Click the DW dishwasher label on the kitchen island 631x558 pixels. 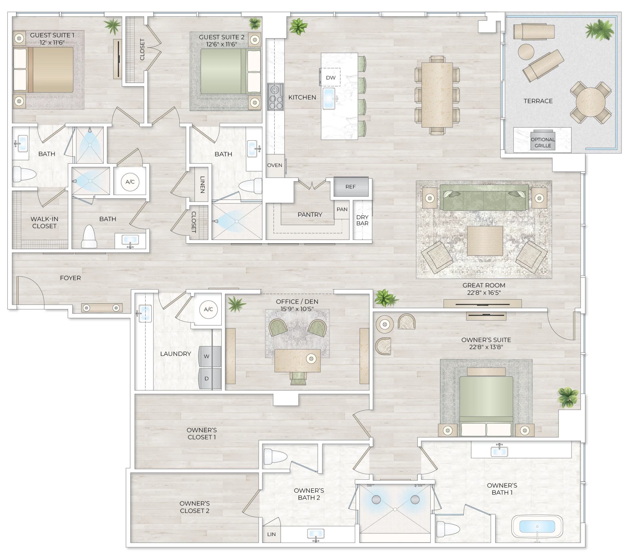330,77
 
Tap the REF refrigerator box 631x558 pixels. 351,187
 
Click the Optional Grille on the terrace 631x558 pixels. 543,142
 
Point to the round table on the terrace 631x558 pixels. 590,102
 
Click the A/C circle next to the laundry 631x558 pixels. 208,309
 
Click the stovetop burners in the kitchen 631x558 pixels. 275,97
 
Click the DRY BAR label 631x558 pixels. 362,220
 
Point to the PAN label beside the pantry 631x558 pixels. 342,209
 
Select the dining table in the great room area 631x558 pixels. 437,94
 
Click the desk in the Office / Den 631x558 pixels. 297,361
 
